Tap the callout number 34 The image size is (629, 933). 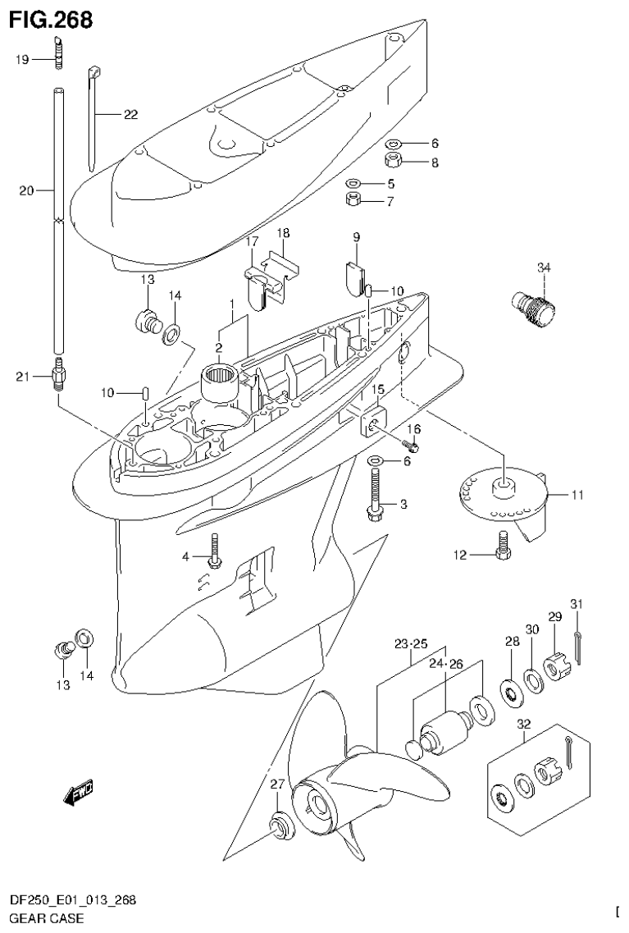(x=544, y=268)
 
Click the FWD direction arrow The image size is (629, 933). (x=78, y=791)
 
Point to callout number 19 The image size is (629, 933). (x=22, y=59)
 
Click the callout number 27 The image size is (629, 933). (x=278, y=784)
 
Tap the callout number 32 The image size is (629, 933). (x=524, y=725)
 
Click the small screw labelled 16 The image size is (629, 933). (x=412, y=446)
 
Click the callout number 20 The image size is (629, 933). (x=26, y=190)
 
